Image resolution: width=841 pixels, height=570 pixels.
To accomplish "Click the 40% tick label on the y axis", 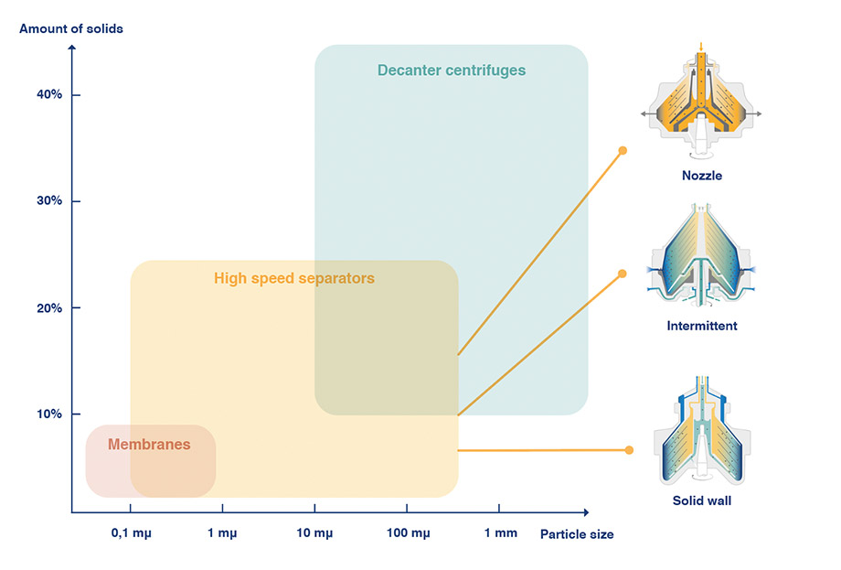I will pyautogui.click(x=49, y=95).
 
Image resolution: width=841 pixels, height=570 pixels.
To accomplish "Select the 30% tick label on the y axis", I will pyautogui.click(x=49, y=201).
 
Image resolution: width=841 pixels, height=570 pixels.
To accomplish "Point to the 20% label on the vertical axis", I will pyautogui.click(x=49, y=307).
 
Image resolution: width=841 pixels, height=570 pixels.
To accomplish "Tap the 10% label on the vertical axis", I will pyautogui.click(x=49, y=414).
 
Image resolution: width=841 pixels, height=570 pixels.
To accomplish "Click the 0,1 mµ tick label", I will pyautogui.click(x=130, y=533).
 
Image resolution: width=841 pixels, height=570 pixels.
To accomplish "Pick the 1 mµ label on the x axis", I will pyautogui.click(x=222, y=533).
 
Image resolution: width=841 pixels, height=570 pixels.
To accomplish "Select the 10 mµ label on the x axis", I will pyautogui.click(x=314, y=533).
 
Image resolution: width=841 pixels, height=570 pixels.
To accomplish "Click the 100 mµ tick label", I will pyautogui.click(x=407, y=533).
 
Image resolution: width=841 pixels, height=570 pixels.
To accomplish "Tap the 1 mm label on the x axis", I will pyautogui.click(x=499, y=533).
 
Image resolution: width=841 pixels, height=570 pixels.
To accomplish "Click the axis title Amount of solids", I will pyautogui.click(x=71, y=28).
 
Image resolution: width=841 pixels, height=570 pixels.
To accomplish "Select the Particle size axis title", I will pyautogui.click(x=576, y=534).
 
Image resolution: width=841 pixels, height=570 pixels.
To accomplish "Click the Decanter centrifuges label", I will pyautogui.click(x=452, y=70).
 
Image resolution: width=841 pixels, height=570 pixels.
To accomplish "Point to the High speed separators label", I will pyautogui.click(x=294, y=278).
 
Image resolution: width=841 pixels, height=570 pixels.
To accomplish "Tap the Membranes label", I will pyautogui.click(x=149, y=445).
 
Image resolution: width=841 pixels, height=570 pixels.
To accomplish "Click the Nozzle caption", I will pyautogui.click(x=701, y=176).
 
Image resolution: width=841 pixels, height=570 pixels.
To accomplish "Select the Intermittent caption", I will pyautogui.click(x=702, y=326).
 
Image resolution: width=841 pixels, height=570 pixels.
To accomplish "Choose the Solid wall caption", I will pyautogui.click(x=702, y=500).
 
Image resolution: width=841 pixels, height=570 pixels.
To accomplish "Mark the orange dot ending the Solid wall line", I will pyautogui.click(x=629, y=449).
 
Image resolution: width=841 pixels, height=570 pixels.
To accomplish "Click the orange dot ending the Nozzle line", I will pyautogui.click(x=623, y=150).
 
